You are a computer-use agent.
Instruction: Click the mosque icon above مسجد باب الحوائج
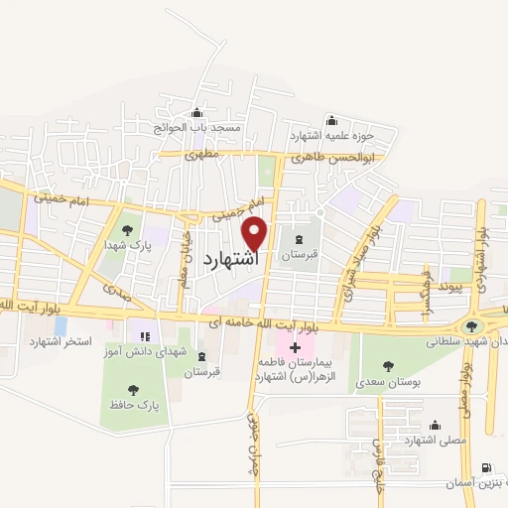point(196,111)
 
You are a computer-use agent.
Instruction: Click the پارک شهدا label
point(130,242)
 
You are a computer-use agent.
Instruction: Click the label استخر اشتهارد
point(62,341)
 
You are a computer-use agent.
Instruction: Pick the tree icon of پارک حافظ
point(134,390)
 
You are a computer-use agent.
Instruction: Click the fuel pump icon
point(485,467)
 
